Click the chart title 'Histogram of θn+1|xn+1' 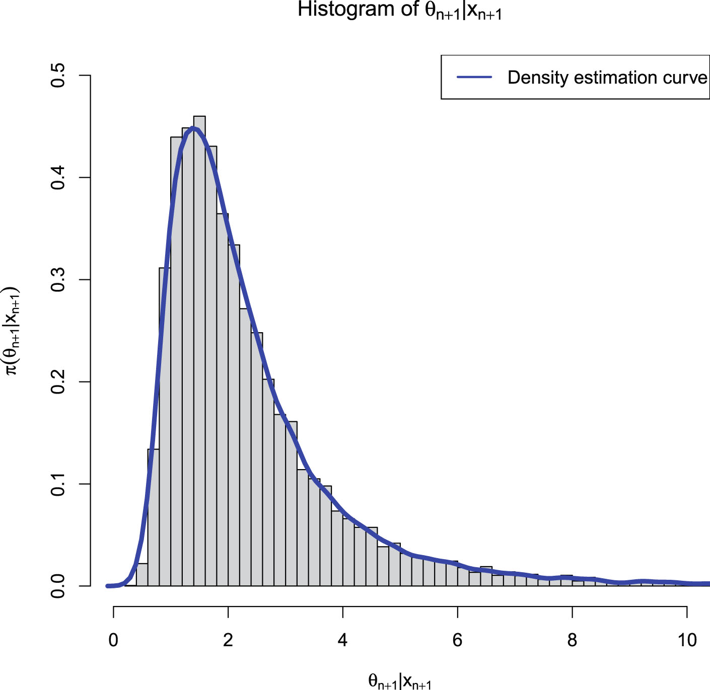[400, 10]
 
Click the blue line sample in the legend [474, 77]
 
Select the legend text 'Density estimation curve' [607, 78]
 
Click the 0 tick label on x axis [113, 640]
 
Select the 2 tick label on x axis [228, 640]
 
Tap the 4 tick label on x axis [342, 640]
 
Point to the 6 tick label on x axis [457, 640]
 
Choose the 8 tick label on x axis [572, 640]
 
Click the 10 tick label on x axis [687, 640]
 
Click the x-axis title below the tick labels [400, 681]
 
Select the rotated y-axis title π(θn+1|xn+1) [11, 331]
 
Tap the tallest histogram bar [199, 352]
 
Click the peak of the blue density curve [193, 129]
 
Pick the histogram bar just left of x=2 [223, 403]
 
